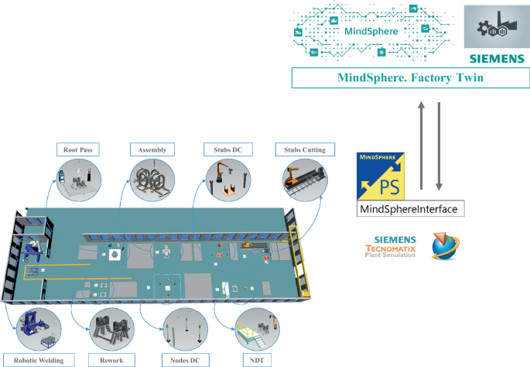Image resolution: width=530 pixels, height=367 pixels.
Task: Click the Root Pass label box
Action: pos(77,149)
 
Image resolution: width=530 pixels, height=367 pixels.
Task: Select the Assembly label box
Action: pos(152,149)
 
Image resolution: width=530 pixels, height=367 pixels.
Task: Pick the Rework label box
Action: pos(111,359)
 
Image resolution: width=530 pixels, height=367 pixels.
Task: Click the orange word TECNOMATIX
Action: pos(392,248)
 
